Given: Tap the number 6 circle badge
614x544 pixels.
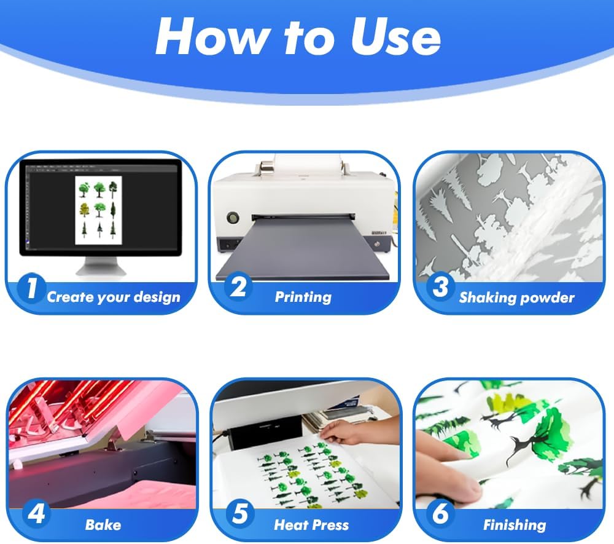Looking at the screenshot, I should click(x=440, y=514).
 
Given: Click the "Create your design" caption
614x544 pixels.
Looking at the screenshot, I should click(x=114, y=298).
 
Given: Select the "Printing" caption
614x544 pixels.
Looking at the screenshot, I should click(x=303, y=298).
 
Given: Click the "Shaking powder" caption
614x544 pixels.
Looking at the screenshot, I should click(x=516, y=298).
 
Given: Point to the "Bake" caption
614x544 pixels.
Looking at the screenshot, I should click(x=103, y=525).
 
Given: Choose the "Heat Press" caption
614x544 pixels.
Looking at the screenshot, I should click(x=311, y=525).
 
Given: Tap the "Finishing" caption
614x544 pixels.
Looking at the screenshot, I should click(x=514, y=525).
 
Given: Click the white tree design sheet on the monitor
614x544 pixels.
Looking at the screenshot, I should click(x=98, y=208).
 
